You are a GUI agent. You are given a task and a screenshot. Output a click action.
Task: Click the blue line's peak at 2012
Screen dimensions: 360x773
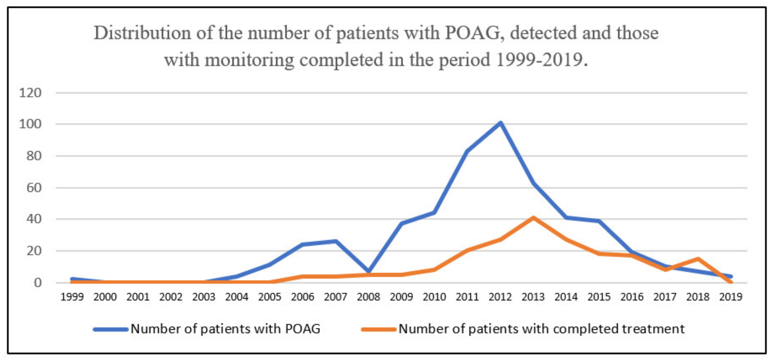click(500, 123)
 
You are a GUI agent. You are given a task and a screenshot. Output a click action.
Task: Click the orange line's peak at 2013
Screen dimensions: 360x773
click(533, 217)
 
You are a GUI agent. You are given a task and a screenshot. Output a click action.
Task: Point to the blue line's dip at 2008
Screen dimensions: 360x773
click(369, 271)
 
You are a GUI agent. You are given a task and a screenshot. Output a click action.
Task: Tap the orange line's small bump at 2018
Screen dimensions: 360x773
click(698, 259)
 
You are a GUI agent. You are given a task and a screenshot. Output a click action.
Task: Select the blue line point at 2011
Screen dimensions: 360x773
click(467, 151)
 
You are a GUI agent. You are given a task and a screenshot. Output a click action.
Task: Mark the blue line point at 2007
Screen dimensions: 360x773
click(336, 241)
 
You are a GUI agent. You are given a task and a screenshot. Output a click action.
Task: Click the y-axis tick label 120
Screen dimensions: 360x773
click(30, 93)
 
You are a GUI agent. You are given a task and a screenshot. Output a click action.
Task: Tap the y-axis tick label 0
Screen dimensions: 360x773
click(38, 283)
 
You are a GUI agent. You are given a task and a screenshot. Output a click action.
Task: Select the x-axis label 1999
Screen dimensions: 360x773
click(72, 297)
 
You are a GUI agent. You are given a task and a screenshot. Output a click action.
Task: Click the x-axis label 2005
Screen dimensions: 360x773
click(270, 297)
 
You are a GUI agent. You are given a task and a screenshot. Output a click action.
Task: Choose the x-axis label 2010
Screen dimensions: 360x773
click(434, 297)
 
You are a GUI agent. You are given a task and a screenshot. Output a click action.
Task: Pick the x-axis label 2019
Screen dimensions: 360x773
click(731, 297)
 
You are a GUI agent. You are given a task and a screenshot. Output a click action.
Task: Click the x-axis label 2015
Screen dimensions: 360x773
click(599, 297)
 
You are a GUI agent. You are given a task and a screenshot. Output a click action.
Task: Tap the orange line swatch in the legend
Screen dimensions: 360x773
click(379, 329)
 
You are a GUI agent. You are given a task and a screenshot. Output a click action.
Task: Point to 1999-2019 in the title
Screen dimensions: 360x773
click(539, 60)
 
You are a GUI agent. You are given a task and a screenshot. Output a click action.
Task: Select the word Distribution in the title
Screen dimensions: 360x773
click(142, 33)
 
